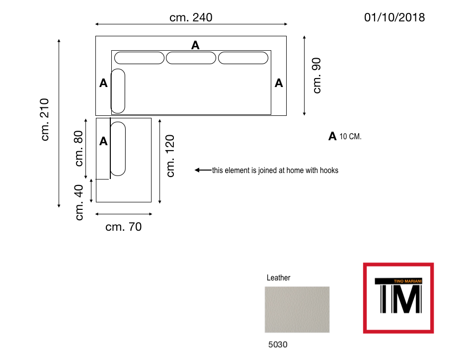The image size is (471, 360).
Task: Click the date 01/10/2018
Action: click(x=394, y=17)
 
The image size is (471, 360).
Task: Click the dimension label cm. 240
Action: click(x=191, y=17)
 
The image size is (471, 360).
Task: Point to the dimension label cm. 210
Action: click(x=45, y=119)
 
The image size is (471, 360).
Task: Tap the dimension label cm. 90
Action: click(x=317, y=76)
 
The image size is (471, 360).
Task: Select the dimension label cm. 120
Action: click(x=170, y=156)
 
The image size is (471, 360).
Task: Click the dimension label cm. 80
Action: click(x=78, y=148)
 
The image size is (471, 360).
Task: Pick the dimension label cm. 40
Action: click(x=79, y=202)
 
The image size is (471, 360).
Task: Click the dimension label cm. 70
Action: click(x=123, y=227)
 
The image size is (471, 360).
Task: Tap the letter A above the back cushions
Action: click(x=195, y=45)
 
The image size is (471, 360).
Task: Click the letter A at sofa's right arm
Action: click(x=279, y=83)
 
